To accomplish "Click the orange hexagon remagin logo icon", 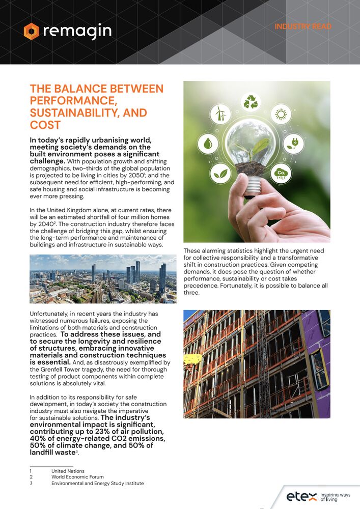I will (31, 31).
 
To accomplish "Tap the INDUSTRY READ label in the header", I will (303, 26).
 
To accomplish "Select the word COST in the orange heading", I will (45, 125).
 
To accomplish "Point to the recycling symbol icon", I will (251, 102).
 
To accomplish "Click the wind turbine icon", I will (220, 113).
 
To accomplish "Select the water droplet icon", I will (208, 144).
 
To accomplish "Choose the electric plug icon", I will (293, 144).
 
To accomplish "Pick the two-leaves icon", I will (220, 174).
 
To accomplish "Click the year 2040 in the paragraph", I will (44, 223).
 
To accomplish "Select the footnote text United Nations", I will (68, 471).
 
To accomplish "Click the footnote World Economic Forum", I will (77, 477).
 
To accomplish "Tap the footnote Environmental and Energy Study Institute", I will (97, 484).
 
